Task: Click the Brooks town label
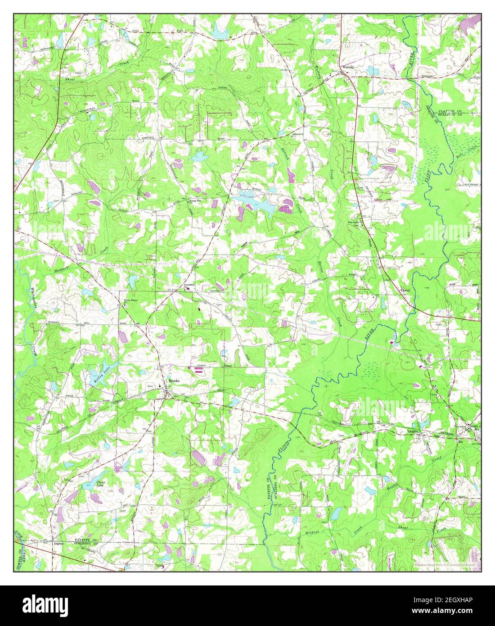click(174, 381)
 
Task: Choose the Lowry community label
click(406, 291)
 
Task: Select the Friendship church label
click(188, 285)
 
